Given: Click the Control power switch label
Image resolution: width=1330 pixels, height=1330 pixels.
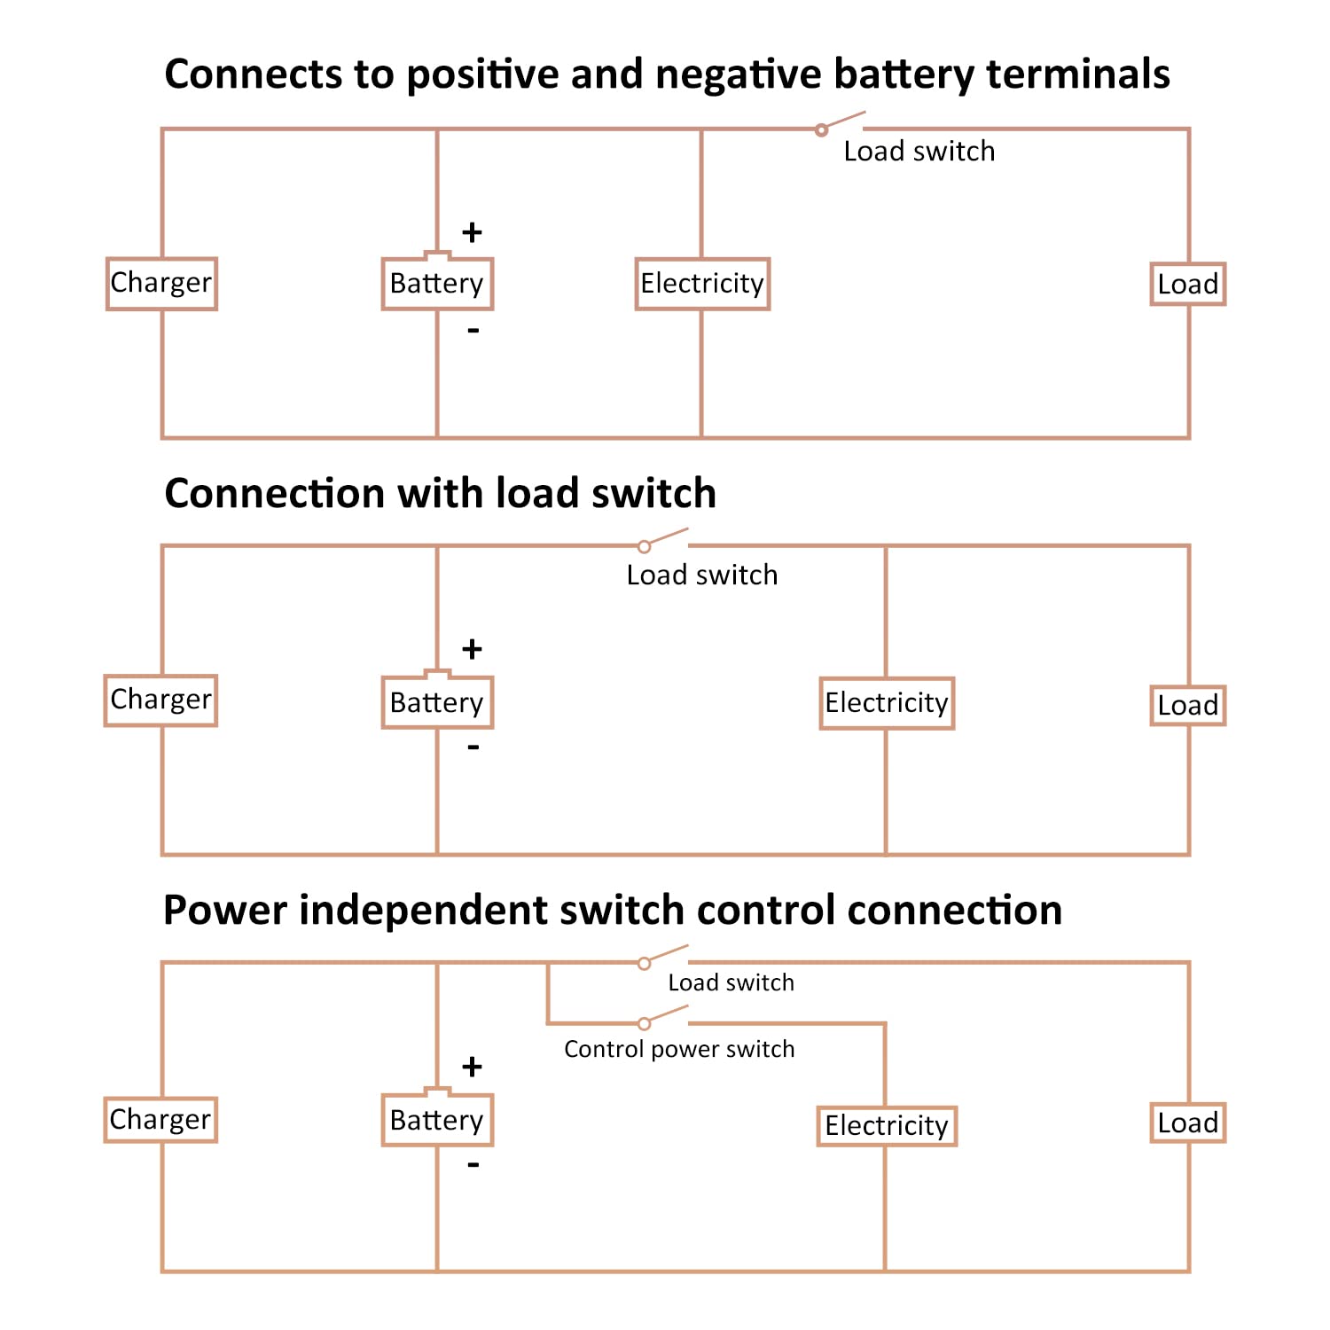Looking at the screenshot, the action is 679,1050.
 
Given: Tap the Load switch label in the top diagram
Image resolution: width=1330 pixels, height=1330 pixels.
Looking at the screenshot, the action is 919,152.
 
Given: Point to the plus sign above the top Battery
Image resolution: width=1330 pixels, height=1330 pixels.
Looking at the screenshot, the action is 472,232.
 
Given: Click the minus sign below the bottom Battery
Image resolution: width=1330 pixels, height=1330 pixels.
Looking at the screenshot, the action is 473,1164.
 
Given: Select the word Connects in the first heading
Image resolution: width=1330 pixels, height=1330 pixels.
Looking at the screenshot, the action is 254,74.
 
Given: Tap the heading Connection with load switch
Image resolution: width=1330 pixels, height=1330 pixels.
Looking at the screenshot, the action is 441,493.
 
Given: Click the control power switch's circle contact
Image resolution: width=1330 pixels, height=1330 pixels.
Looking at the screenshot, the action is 645,1024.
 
